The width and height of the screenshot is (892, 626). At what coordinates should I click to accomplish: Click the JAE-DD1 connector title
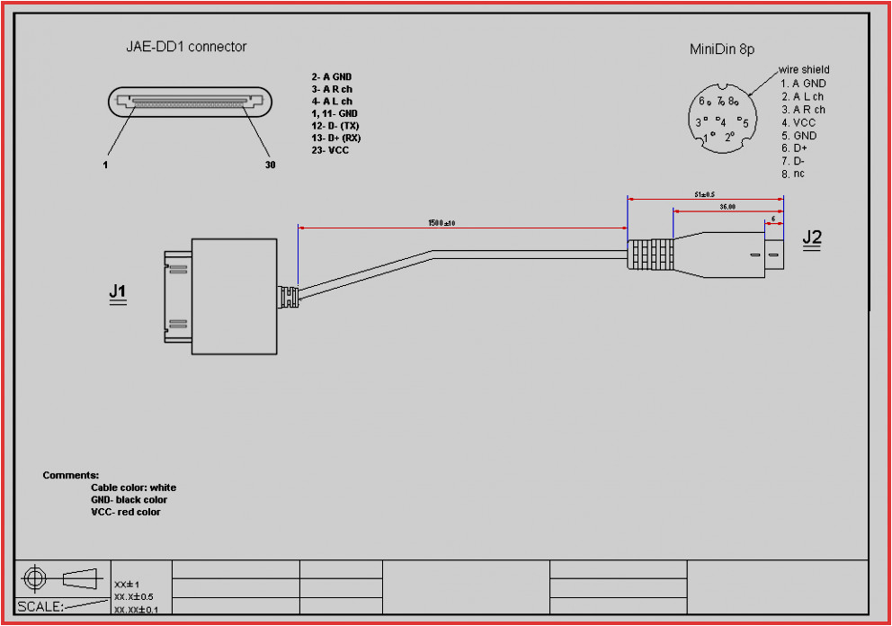point(185,47)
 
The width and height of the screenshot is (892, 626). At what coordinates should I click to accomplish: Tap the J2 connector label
point(812,238)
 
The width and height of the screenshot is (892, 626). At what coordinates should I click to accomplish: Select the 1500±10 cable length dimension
point(447,222)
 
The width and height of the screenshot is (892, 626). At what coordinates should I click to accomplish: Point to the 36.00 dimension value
point(727,206)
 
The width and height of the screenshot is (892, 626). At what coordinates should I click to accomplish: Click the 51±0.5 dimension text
point(704,193)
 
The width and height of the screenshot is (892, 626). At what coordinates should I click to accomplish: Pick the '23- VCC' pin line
point(330,150)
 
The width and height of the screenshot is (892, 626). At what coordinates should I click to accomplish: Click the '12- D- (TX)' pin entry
point(335,126)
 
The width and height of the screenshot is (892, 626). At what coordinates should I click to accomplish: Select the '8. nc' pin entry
point(792,173)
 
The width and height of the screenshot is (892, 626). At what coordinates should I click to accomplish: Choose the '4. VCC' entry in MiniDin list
point(798,122)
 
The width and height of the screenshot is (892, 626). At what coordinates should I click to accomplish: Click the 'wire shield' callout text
point(804,69)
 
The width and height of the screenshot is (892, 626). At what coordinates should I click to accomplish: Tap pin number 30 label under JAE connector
point(270,165)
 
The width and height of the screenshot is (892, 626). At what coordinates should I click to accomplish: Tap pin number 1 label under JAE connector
point(103,165)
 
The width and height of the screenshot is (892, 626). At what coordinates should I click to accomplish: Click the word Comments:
point(70,475)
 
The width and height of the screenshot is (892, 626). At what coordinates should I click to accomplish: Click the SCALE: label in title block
point(40,606)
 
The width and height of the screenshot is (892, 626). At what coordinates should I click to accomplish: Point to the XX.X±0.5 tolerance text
point(134,596)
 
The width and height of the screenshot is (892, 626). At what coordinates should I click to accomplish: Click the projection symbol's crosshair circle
point(35,577)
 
